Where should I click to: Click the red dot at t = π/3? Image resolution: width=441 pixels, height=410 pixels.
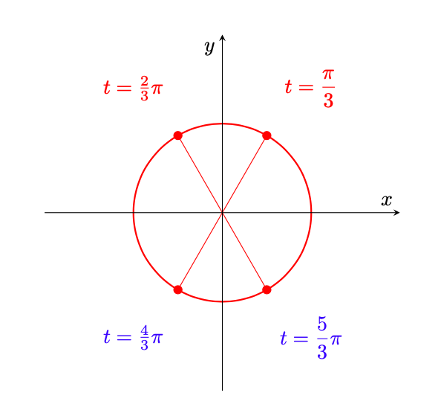pyautogui.click(x=267, y=135)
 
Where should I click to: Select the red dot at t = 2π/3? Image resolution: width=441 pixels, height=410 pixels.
pyautogui.click(x=177, y=135)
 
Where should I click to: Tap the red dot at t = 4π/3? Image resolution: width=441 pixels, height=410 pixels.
pyautogui.click(x=177, y=289)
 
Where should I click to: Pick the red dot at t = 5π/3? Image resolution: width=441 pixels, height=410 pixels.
pyautogui.click(x=267, y=289)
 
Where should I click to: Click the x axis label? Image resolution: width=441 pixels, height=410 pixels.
pyautogui.click(x=387, y=200)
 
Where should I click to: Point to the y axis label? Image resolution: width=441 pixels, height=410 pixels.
pyautogui.click(x=209, y=48)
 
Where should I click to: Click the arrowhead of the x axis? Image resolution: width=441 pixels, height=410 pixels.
pyautogui.click(x=397, y=213)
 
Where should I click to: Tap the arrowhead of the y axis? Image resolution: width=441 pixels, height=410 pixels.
pyautogui.click(x=222, y=37)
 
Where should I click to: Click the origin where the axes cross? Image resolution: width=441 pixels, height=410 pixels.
pyautogui.click(x=222, y=213)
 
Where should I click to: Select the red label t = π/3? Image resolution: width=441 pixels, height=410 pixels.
pyautogui.click(x=310, y=88)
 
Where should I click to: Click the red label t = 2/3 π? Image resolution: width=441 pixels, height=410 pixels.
pyautogui.click(x=133, y=89)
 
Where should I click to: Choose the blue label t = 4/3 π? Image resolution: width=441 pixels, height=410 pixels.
pyautogui.click(x=133, y=338)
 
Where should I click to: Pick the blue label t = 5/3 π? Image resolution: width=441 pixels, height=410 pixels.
pyautogui.click(x=311, y=338)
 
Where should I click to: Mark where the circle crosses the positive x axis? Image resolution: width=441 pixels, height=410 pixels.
pyautogui.click(x=311, y=213)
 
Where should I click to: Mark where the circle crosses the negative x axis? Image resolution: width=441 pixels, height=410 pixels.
pyautogui.click(x=134, y=213)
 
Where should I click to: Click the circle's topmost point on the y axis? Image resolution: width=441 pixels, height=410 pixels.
pyautogui.click(x=222, y=124)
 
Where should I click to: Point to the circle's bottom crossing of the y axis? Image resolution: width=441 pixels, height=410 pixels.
pyautogui.click(x=222, y=301)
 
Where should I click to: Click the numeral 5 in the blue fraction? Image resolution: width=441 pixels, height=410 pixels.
pyautogui.click(x=322, y=324)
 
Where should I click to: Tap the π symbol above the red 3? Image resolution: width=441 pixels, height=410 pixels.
pyautogui.click(x=328, y=74)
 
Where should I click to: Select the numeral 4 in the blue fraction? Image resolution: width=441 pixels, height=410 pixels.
pyautogui.click(x=145, y=330)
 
